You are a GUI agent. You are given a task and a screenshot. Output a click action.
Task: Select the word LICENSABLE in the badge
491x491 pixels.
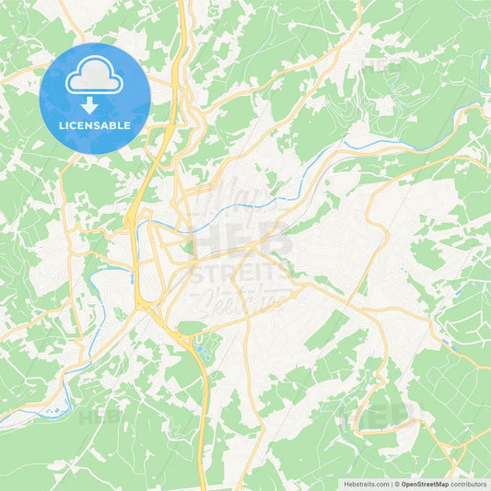[95, 125]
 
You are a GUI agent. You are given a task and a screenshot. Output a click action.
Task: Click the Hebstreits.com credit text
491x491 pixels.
[366, 484]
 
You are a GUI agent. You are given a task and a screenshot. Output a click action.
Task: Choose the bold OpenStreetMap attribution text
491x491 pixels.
[424, 484]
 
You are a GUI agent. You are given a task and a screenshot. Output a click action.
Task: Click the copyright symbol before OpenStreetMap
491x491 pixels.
[395, 484]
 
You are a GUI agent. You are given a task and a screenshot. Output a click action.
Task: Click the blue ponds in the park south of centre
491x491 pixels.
[200, 347]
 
